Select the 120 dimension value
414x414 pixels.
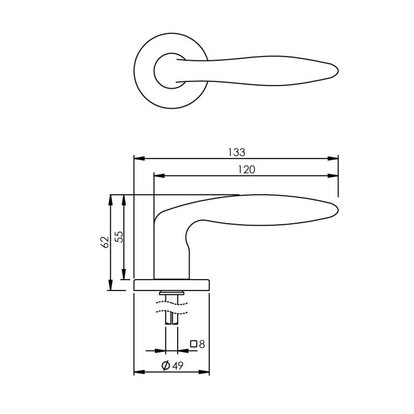point(246,170)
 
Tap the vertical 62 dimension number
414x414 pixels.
point(105,242)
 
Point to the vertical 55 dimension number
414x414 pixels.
point(119,237)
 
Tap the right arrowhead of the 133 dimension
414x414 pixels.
point(333,159)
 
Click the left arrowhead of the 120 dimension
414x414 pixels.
point(159,176)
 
